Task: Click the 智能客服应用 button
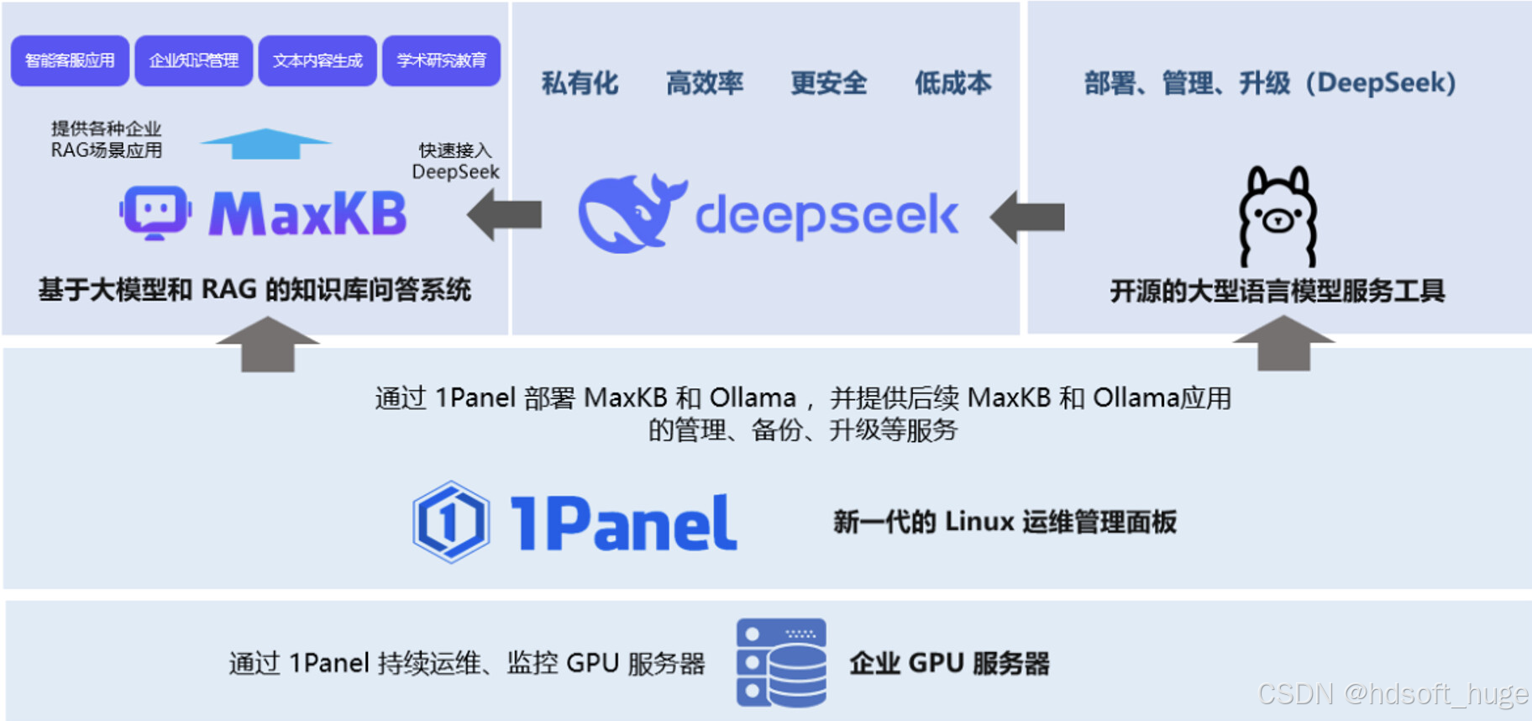click(70, 61)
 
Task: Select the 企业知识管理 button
click(193, 61)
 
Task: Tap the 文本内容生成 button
click(317, 61)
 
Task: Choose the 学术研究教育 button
click(441, 61)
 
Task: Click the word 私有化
click(580, 83)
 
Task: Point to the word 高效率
click(704, 83)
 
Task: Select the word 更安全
click(828, 83)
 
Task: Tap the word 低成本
click(952, 83)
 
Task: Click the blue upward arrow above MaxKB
click(265, 144)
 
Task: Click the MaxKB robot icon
click(155, 212)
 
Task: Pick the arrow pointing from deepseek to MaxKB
click(505, 215)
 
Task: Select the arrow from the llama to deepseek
click(1028, 217)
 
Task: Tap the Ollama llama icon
click(1278, 217)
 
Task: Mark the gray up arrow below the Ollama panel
click(1283, 343)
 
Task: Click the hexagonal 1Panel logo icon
click(451, 522)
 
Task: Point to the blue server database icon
click(781, 663)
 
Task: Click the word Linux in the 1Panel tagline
click(979, 522)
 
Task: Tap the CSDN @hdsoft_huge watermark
click(1393, 694)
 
